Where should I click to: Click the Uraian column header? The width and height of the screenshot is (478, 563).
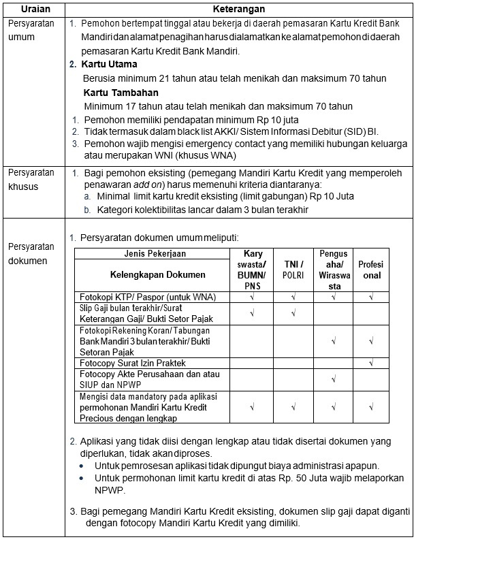tap(33, 10)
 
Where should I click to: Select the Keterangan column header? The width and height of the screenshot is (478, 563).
tap(238, 10)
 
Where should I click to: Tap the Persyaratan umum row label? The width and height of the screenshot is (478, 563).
tap(31, 30)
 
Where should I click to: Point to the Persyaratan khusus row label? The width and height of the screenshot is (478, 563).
tap(31, 180)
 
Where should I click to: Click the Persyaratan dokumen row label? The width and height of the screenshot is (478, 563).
tap(31, 253)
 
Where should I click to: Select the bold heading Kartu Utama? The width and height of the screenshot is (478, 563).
tap(110, 65)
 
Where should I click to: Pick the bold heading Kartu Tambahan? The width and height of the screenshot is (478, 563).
tap(121, 93)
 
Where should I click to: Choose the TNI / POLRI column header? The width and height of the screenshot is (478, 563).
tap(293, 270)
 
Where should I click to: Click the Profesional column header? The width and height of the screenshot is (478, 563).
tap(370, 270)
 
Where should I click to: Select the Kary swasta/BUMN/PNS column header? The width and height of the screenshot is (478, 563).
tap(252, 270)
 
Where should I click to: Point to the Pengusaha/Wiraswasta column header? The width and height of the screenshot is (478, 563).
tap(334, 270)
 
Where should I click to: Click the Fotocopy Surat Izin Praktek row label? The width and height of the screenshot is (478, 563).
tap(133, 363)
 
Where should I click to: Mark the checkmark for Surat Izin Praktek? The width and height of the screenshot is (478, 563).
tap(371, 363)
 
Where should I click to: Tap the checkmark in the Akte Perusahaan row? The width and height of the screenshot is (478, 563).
tap(334, 379)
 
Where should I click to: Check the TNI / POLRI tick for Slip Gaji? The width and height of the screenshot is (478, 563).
tap(293, 313)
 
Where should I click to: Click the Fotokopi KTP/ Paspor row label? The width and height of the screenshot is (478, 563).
tap(147, 297)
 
